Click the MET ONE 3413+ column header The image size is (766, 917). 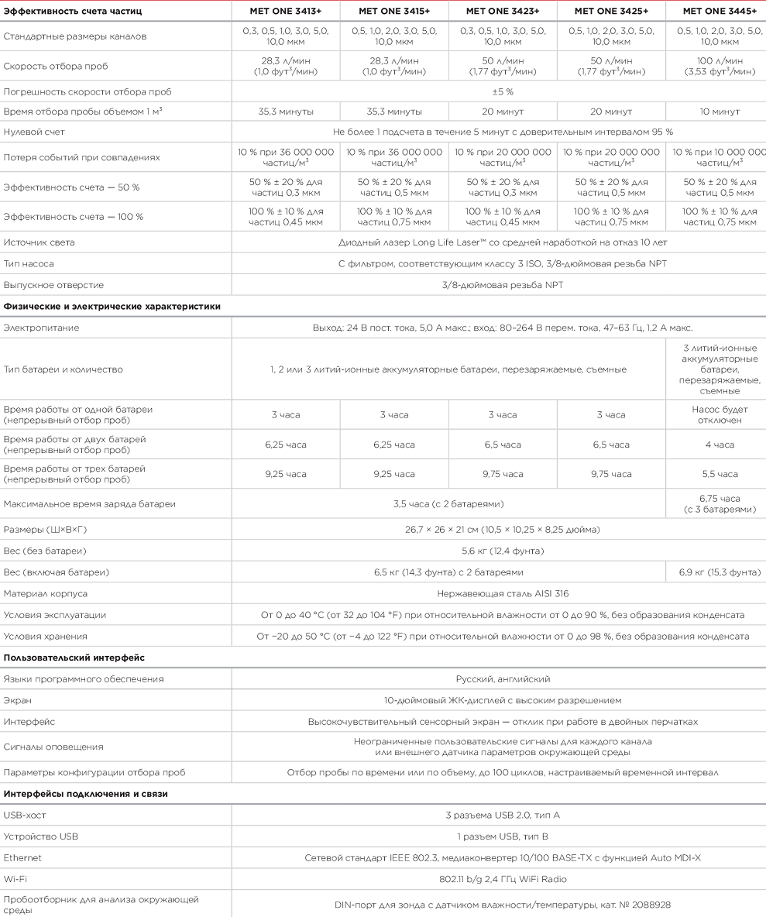coord(286,11)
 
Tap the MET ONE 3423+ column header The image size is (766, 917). coord(503,11)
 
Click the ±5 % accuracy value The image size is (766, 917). coord(503,91)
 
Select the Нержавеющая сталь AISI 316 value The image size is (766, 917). coord(503,593)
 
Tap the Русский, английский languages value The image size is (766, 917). coord(503,679)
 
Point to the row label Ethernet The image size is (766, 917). coord(22,857)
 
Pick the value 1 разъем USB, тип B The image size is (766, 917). coord(503,836)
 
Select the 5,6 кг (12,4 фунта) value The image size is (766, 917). coord(503,551)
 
